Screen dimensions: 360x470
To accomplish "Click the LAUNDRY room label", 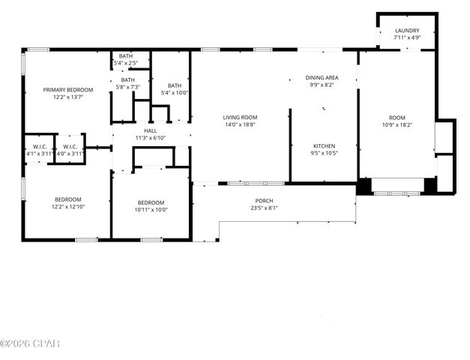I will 407,31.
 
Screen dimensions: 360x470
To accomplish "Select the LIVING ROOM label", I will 240,117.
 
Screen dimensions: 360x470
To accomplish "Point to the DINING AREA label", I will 322,78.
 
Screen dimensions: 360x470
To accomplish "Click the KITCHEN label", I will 324,145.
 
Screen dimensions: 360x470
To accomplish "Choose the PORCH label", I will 265,201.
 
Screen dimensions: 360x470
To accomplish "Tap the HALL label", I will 150,130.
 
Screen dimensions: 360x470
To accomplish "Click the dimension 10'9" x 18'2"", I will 397,124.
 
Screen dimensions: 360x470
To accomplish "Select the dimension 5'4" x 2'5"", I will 125,62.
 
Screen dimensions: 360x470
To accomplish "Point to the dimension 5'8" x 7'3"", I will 128,88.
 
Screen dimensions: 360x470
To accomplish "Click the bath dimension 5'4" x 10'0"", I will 175,93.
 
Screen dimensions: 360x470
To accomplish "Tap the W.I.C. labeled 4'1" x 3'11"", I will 39,153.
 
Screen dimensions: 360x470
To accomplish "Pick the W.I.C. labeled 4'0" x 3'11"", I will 70,153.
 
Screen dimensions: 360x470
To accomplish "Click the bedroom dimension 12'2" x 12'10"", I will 67,207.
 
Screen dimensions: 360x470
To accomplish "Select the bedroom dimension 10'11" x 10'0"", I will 151,209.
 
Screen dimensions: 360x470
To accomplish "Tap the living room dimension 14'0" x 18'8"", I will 240,124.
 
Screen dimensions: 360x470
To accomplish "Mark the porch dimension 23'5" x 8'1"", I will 265,208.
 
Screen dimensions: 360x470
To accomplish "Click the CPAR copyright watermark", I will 30,343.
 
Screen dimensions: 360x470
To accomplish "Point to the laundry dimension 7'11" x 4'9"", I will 407,38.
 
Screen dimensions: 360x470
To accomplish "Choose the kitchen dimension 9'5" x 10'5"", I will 324,153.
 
